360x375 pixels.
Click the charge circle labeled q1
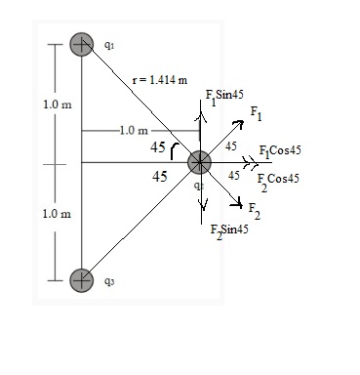click(x=82, y=45)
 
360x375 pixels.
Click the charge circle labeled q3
click(x=82, y=279)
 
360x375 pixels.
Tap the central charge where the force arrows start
click(x=199, y=162)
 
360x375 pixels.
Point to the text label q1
click(x=108, y=45)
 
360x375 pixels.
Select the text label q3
click(x=108, y=282)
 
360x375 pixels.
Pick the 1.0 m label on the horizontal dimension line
click(x=132, y=130)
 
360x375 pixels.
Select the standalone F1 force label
click(x=256, y=115)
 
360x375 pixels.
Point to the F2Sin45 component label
click(x=229, y=230)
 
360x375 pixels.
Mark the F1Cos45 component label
click(x=279, y=152)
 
